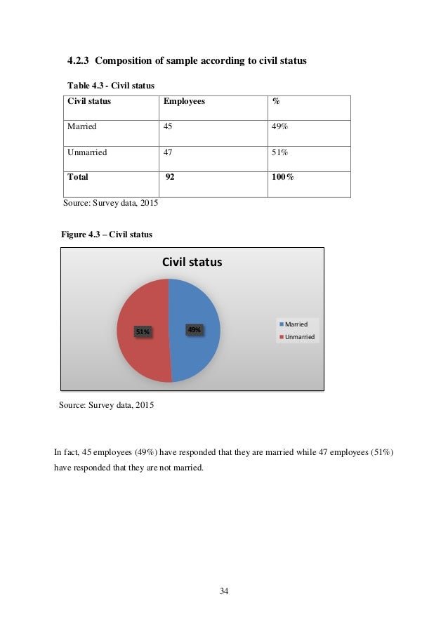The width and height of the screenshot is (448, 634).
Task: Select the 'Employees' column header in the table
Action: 184,102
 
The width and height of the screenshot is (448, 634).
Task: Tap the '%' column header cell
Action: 276,102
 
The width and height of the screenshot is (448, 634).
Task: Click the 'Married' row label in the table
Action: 81,127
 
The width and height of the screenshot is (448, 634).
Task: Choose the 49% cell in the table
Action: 279,127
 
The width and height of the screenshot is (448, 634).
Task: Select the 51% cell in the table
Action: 279,152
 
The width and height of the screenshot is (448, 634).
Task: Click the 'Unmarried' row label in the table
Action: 86,152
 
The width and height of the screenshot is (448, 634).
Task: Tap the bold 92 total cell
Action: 169,178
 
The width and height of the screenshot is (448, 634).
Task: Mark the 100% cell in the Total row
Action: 282,178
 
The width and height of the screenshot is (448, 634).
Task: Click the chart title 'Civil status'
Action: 192,263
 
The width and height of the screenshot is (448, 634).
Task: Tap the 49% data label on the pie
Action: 195,329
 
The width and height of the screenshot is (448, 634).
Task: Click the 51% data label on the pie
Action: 143,331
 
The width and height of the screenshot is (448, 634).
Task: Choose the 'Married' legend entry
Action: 296,324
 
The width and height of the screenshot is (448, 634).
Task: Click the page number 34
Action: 224,591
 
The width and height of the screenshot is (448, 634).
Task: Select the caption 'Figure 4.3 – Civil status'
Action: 107,234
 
